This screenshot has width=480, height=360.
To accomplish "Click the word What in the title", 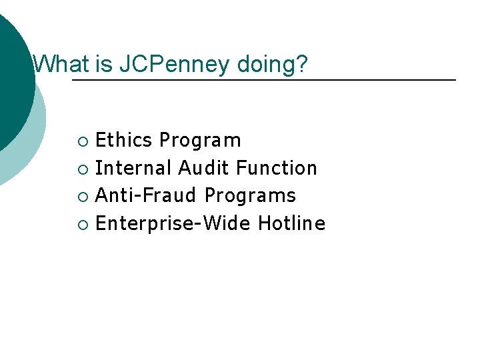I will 59,65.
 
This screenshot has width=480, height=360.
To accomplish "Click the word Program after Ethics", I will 201,140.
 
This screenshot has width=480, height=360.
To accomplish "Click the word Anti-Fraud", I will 146,196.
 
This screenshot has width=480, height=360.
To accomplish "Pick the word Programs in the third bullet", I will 250,196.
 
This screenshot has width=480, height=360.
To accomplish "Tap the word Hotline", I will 291,223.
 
